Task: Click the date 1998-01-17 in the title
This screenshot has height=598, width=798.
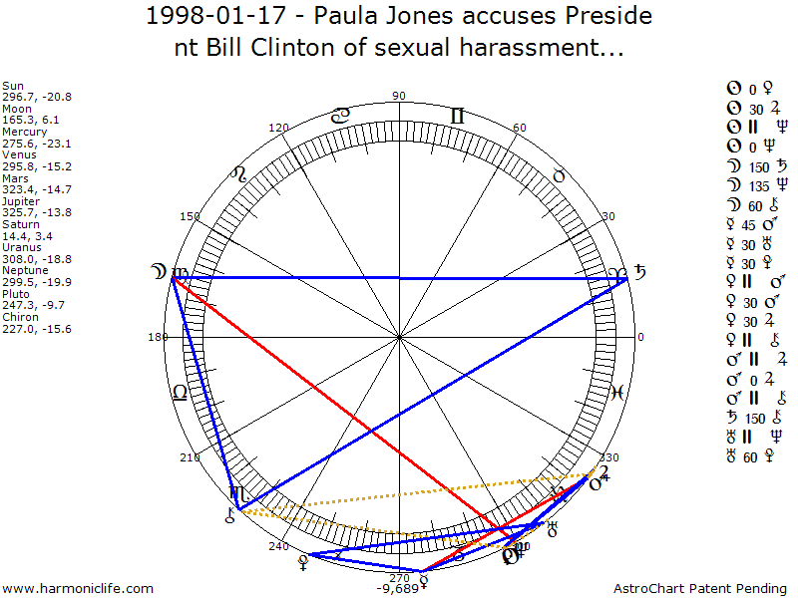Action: pos(205,17)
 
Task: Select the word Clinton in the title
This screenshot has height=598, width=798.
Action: pos(289,47)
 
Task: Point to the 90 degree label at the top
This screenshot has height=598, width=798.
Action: pos(400,96)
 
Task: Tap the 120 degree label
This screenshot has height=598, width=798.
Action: pos(279,128)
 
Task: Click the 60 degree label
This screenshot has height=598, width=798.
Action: pos(519,128)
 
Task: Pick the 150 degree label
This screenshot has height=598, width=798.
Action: pos(190,216)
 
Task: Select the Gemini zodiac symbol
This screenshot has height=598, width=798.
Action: pos(457,117)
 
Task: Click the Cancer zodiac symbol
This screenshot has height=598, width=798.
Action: pos(341,116)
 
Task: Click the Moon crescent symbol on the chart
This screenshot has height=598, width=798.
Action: pos(157,271)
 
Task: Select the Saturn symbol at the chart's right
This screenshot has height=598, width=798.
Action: pos(639,272)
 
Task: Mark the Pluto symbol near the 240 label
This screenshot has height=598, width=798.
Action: pos(299,563)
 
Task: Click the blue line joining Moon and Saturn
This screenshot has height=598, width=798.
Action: pos(399,278)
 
